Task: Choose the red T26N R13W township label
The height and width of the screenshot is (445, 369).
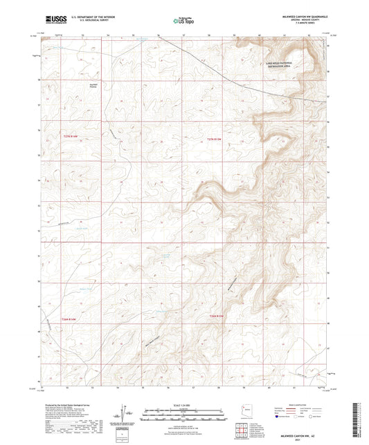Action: coord(217,316)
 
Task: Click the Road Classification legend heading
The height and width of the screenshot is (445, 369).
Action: coord(298,406)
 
